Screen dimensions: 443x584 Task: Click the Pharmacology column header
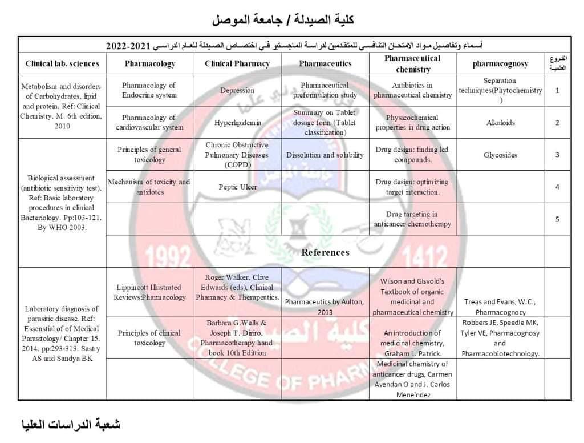pyautogui.click(x=149, y=63)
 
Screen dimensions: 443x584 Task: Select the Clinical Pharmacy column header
pyautogui.click(x=237, y=63)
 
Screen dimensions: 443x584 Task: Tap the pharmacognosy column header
pyautogui.click(x=500, y=63)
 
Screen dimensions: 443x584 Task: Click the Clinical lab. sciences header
pyautogui.click(x=62, y=63)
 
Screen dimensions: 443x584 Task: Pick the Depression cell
pyautogui.click(x=237, y=90)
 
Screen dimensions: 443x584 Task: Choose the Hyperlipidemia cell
pyautogui.click(x=237, y=122)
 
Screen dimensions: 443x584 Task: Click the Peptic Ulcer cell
pyautogui.click(x=237, y=187)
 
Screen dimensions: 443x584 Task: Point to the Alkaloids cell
pyautogui.click(x=500, y=122)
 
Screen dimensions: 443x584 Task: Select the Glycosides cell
pyautogui.click(x=500, y=155)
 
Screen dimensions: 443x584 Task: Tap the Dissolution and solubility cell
pyautogui.click(x=325, y=155)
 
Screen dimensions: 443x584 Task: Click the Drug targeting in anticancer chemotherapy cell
pyautogui.click(x=412, y=219)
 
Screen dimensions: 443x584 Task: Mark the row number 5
pyautogui.click(x=557, y=219)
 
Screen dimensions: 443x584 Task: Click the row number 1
pyautogui.click(x=557, y=90)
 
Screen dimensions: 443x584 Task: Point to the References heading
pyautogui.click(x=325, y=252)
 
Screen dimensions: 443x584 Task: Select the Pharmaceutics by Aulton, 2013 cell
pyautogui.click(x=325, y=307)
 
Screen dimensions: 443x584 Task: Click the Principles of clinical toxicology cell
pyautogui.click(x=149, y=338)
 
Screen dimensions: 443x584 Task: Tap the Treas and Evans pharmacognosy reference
pyautogui.click(x=500, y=307)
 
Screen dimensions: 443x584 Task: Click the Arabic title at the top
pyautogui.click(x=283, y=19)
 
